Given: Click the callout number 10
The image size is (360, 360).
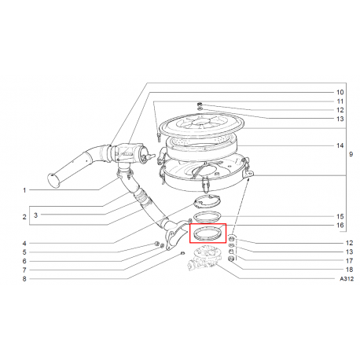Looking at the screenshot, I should pos(340,92).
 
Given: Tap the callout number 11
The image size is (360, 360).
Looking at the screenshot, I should pos(340,101).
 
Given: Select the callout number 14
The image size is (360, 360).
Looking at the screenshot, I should pos(340,145).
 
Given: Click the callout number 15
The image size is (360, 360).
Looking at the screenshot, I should pos(340,215).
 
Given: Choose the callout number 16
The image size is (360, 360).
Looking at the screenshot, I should pos(340,226).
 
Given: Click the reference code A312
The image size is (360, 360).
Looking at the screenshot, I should pos(347,279).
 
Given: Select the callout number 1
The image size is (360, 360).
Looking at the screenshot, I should pos(24,190).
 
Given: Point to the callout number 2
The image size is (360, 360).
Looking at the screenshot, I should pos(24,217).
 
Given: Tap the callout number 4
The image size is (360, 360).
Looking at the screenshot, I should pos(24,243).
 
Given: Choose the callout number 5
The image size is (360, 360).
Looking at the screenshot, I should pos(24,252).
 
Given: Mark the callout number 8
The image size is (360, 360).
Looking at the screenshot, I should pos(24,279).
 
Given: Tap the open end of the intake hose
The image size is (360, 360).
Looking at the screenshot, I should pos(55,182).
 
